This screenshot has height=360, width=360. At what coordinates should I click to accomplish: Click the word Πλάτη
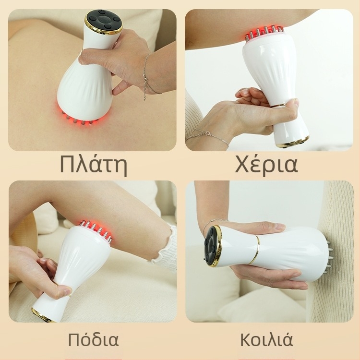94,165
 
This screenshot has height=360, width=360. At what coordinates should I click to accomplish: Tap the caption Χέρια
266,165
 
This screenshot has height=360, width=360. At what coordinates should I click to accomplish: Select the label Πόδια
93,340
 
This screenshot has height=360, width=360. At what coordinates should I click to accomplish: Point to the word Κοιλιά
266,340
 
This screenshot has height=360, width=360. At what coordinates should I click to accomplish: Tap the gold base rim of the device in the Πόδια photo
42,315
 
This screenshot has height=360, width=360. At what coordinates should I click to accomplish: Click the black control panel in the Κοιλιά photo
212,246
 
